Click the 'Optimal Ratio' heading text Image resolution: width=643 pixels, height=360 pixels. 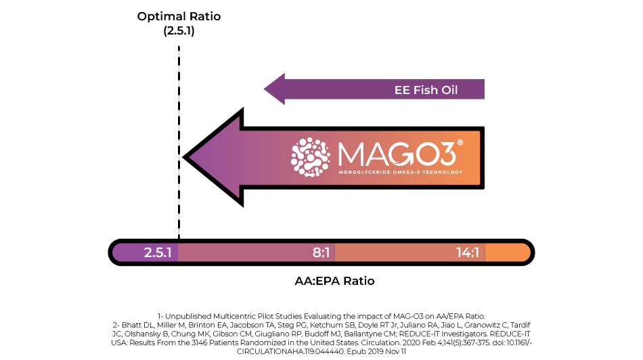pos(179,16)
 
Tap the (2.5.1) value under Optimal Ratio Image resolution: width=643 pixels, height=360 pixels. pos(179,30)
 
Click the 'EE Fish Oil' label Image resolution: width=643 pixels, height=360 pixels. pos(426,90)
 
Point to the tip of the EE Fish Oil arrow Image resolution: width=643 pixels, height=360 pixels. pos(264,89)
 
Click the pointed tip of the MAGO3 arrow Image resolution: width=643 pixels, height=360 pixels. pos(183,157)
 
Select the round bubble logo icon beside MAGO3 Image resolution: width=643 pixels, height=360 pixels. pos(311,157)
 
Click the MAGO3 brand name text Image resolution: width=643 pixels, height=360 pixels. pos(397,154)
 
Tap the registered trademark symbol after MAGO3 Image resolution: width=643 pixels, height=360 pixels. pos(460,142)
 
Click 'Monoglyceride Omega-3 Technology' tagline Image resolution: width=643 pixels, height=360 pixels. pos(400,172)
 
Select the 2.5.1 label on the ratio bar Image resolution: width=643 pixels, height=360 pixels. pos(158,252)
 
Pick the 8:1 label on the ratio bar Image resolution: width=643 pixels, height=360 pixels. pos(321,252)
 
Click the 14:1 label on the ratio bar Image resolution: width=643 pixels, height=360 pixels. pos(468,252)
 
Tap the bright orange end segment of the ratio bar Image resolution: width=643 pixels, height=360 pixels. pos(507,252)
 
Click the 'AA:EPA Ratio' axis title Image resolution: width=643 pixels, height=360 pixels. pos(334,281)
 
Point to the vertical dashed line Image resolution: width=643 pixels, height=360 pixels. pos(179,142)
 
